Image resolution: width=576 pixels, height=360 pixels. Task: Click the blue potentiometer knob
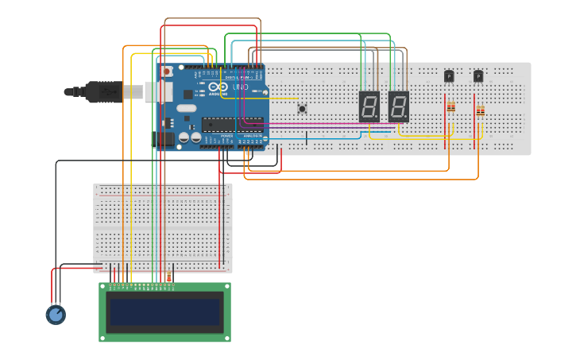[x=55, y=315]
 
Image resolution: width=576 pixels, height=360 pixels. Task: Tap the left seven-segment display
[x=369, y=106]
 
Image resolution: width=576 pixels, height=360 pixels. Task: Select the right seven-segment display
[x=398, y=106]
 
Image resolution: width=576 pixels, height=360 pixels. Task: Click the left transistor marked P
[x=449, y=76]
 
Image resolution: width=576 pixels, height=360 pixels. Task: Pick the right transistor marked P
[x=478, y=76]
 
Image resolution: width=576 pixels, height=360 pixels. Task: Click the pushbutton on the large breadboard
[x=302, y=108]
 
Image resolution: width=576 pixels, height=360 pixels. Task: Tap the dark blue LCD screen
[x=165, y=312]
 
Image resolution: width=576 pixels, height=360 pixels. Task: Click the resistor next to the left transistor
[x=451, y=106]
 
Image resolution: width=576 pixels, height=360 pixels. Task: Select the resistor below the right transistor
[x=480, y=111]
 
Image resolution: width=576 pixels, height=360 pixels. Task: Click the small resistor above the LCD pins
[x=168, y=277]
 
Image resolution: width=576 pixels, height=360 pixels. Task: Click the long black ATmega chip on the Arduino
[x=231, y=123]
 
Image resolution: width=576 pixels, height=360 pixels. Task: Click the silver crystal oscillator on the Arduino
[x=186, y=108]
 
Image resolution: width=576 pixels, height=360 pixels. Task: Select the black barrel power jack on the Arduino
[x=163, y=140]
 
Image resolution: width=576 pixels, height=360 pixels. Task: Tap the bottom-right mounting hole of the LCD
[x=226, y=338]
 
